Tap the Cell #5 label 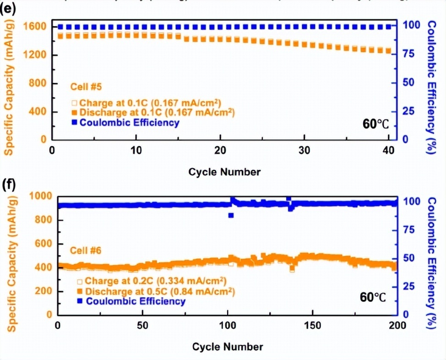tap(83, 86)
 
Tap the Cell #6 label tap(85, 250)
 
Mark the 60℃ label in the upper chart tap(375, 124)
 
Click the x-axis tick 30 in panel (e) tap(305, 151)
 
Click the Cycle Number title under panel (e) tap(224, 172)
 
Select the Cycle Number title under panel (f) tap(227, 346)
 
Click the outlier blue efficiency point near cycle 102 tap(231, 215)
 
